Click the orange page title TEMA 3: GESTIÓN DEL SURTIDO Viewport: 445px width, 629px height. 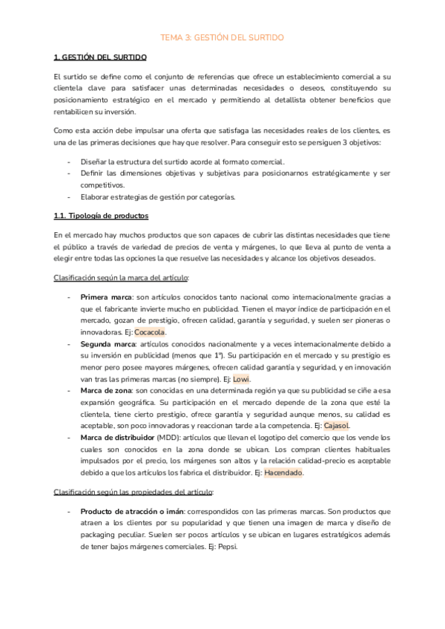tap(222, 36)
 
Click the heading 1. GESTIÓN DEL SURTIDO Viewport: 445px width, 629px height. tap(101, 57)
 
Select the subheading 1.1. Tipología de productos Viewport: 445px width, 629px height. tap(102, 216)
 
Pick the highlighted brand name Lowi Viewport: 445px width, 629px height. tap(242, 379)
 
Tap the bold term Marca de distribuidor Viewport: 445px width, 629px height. tap(117, 438)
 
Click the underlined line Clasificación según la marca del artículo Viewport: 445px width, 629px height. tap(122, 277)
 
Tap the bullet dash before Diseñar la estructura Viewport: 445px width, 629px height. tap(69, 162)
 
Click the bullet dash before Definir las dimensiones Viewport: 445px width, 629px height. tap(69, 173)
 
